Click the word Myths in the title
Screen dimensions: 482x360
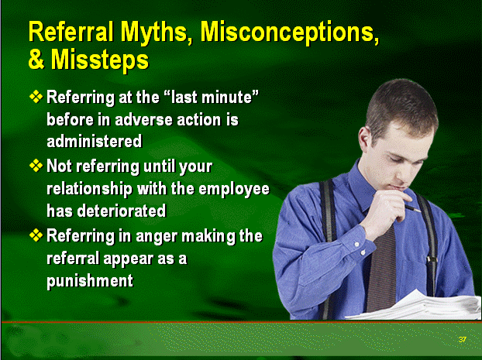[x=157, y=33]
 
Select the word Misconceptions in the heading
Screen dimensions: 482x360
[x=289, y=33]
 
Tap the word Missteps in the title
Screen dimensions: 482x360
[x=100, y=60]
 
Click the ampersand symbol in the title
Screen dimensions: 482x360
[x=36, y=59]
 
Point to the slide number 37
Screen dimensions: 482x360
[x=462, y=339]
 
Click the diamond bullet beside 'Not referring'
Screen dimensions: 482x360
[x=36, y=166]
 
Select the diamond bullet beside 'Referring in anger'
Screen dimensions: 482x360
[x=36, y=235]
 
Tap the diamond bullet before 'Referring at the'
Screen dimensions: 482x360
[x=36, y=97]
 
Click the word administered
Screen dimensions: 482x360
[x=95, y=141]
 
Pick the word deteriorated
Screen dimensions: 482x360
[x=122, y=211]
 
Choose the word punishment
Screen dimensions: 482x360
[x=90, y=281]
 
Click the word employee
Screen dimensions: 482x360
[x=234, y=189]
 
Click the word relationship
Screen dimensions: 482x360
[x=89, y=189]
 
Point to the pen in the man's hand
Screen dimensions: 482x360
[x=412, y=208]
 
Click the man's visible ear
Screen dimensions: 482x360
[x=364, y=139]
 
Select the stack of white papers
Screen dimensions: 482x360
[x=415, y=305]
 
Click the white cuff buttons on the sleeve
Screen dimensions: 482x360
[x=360, y=249]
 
